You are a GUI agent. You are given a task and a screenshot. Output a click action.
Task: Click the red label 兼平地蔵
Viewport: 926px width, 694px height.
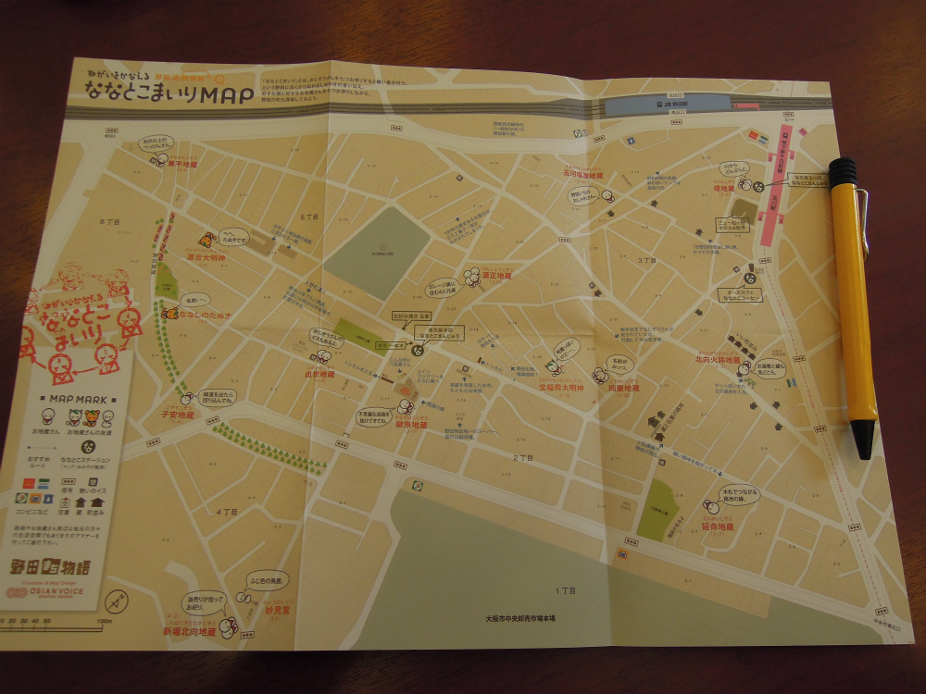pos(182,164)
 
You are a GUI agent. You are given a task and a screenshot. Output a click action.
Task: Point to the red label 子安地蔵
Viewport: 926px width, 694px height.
pos(179,416)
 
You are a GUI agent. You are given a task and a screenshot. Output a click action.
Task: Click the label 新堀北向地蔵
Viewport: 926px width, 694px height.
pos(190,632)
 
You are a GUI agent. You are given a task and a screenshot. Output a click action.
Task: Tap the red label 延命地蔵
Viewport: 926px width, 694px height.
pos(718,527)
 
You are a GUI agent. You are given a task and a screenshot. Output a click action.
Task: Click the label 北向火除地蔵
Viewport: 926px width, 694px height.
pos(719,359)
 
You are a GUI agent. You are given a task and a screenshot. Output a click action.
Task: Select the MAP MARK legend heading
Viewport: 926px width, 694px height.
pos(80,400)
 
